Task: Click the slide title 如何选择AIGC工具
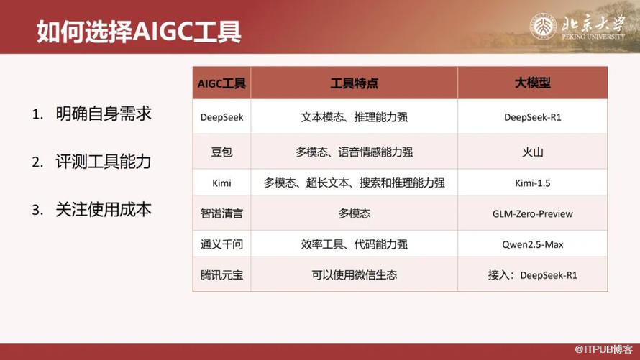point(139,32)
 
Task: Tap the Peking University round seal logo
point(543,27)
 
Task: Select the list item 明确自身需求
point(104,114)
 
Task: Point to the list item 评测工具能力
point(104,162)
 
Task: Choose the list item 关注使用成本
point(104,210)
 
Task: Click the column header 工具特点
point(354,83)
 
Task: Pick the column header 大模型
point(532,83)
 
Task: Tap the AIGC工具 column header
point(221,83)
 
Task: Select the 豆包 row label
point(221,152)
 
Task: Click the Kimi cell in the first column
point(221,183)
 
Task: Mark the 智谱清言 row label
point(221,213)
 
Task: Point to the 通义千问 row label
point(221,244)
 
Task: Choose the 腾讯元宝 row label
point(221,274)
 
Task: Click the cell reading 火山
point(532,152)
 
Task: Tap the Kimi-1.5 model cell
point(532,183)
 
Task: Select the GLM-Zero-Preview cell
point(532,213)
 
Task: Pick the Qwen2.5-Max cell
point(532,244)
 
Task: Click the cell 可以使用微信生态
point(354,274)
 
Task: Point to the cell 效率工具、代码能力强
point(354,244)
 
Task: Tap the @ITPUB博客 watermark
point(603,349)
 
